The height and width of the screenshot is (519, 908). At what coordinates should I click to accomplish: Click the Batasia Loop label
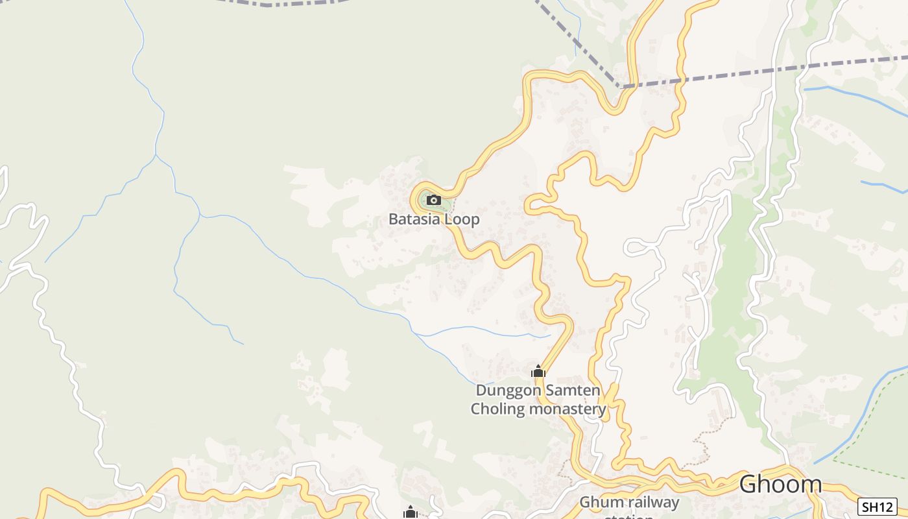click(x=434, y=219)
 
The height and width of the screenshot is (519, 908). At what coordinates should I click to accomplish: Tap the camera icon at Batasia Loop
click(x=434, y=200)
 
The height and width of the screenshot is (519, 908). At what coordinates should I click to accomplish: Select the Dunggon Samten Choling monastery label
click(x=538, y=400)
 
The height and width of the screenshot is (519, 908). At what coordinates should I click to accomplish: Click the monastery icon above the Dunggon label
click(x=538, y=372)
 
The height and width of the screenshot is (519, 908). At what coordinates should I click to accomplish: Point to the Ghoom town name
click(x=780, y=484)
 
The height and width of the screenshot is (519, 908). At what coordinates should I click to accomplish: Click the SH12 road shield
click(x=878, y=507)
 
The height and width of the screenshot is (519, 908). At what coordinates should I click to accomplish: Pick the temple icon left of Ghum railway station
click(x=410, y=513)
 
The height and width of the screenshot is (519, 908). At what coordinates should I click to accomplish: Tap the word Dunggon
click(x=504, y=391)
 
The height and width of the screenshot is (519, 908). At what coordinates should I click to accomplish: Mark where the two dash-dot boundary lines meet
click(x=621, y=86)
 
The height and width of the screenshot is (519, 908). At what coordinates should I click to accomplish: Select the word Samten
click(x=567, y=391)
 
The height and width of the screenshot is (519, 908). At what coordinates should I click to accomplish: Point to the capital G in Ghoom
click(x=748, y=484)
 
